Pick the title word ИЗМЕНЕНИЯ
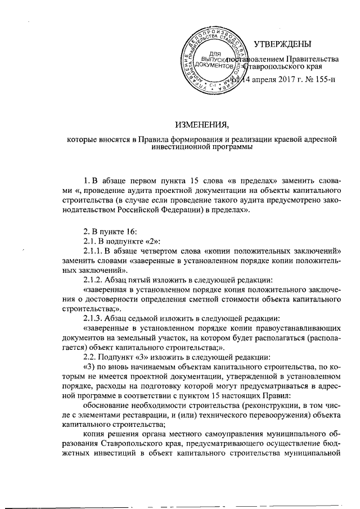click(x=204, y=124)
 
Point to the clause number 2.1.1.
click(x=93, y=250)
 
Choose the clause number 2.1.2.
click(x=93, y=280)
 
